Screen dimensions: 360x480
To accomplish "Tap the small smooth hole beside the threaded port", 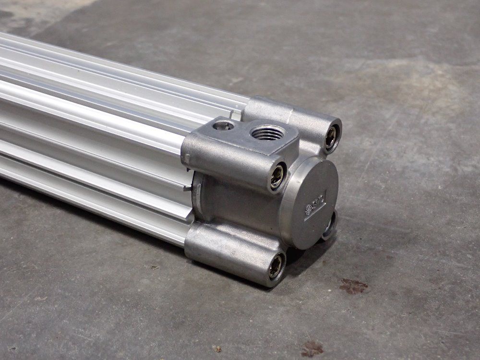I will click(x=223, y=126).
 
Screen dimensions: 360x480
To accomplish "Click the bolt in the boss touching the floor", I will click(x=276, y=266).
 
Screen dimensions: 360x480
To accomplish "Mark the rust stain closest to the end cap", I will click(x=353, y=287).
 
